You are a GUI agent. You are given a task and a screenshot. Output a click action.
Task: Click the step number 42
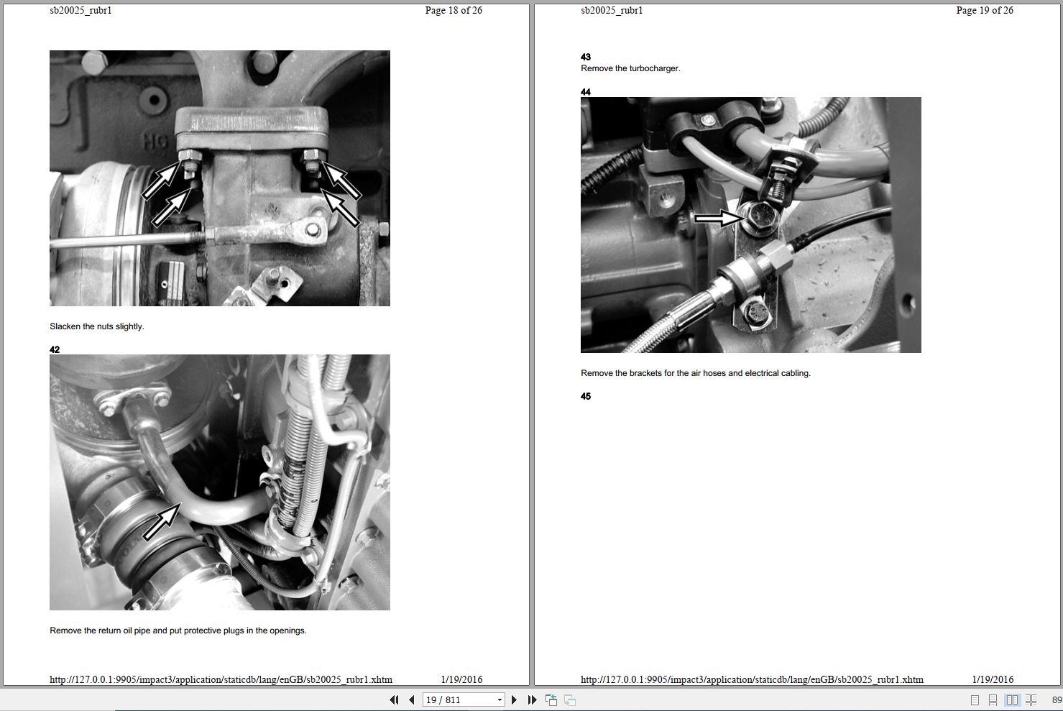click(x=55, y=350)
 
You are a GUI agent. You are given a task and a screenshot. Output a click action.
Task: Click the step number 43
click(x=586, y=57)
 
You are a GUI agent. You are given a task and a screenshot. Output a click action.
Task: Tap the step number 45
click(x=586, y=396)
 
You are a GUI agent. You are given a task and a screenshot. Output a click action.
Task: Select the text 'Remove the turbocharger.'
click(x=630, y=68)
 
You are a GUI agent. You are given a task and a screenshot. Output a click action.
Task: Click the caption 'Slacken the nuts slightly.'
click(x=97, y=326)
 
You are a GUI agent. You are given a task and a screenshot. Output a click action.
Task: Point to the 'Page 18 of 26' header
click(x=454, y=11)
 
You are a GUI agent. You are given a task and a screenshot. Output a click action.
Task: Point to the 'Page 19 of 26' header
click(x=984, y=11)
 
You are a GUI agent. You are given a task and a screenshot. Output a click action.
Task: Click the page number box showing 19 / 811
click(x=463, y=699)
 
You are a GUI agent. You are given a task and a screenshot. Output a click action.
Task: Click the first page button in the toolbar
click(x=393, y=699)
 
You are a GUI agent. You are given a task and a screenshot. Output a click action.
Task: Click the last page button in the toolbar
click(x=532, y=699)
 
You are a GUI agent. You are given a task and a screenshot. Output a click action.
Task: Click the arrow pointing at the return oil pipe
click(x=161, y=522)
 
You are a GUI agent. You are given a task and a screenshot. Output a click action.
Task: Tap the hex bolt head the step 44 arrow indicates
click(x=759, y=216)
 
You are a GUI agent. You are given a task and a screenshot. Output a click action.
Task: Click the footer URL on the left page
click(x=221, y=679)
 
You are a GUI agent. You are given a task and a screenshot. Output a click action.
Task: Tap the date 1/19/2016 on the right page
click(x=993, y=679)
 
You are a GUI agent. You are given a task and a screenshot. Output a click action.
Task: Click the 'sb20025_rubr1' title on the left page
click(x=80, y=11)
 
